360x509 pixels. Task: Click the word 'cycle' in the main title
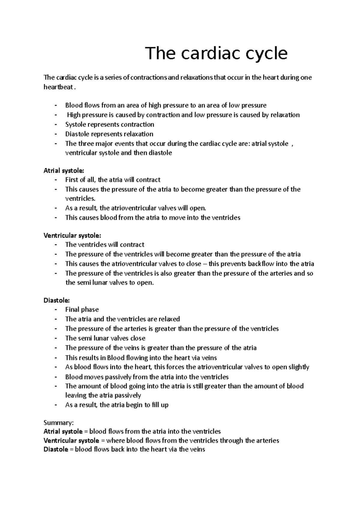[267, 53]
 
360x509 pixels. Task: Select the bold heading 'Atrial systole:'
[64, 171]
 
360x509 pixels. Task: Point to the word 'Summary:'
[58, 423]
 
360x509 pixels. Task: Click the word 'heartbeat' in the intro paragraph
[58, 87]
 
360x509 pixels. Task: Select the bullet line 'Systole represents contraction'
[109, 124]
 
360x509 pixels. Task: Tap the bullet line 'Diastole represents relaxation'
[109, 134]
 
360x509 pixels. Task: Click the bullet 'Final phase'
[82, 309]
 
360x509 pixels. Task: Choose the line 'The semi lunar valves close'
[105, 338]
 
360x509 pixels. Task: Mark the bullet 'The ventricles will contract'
[105, 245]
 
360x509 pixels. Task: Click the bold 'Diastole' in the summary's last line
[56, 449]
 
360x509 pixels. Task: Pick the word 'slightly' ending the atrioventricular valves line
[298, 367]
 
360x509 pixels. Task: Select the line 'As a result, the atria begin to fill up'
[117, 405]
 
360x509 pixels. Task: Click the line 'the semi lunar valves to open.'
[109, 283]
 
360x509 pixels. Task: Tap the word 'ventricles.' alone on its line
[80, 198]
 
